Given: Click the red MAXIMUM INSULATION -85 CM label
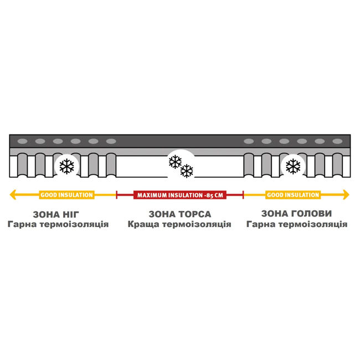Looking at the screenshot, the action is (x=180, y=195).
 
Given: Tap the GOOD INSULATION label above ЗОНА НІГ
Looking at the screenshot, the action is (x=66, y=195).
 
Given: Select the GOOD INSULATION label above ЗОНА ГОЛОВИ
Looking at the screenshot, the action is (x=293, y=195).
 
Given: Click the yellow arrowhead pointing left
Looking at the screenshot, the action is (x=13, y=195).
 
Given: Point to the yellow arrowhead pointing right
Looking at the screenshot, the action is (x=346, y=195).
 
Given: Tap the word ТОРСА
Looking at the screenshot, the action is (x=195, y=214).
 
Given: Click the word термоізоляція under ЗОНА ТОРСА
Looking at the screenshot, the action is (x=197, y=224).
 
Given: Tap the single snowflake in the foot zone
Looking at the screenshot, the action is (x=67, y=166).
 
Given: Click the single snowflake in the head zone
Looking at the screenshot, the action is (x=293, y=166).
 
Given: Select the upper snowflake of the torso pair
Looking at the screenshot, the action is (x=175, y=162).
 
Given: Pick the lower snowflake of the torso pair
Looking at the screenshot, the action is (x=187, y=171).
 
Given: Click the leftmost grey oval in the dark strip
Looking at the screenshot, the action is (x=23, y=141).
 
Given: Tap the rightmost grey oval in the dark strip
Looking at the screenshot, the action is (x=337, y=141).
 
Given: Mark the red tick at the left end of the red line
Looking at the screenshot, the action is (x=117, y=195).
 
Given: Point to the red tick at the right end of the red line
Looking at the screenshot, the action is (x=243, y=195).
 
